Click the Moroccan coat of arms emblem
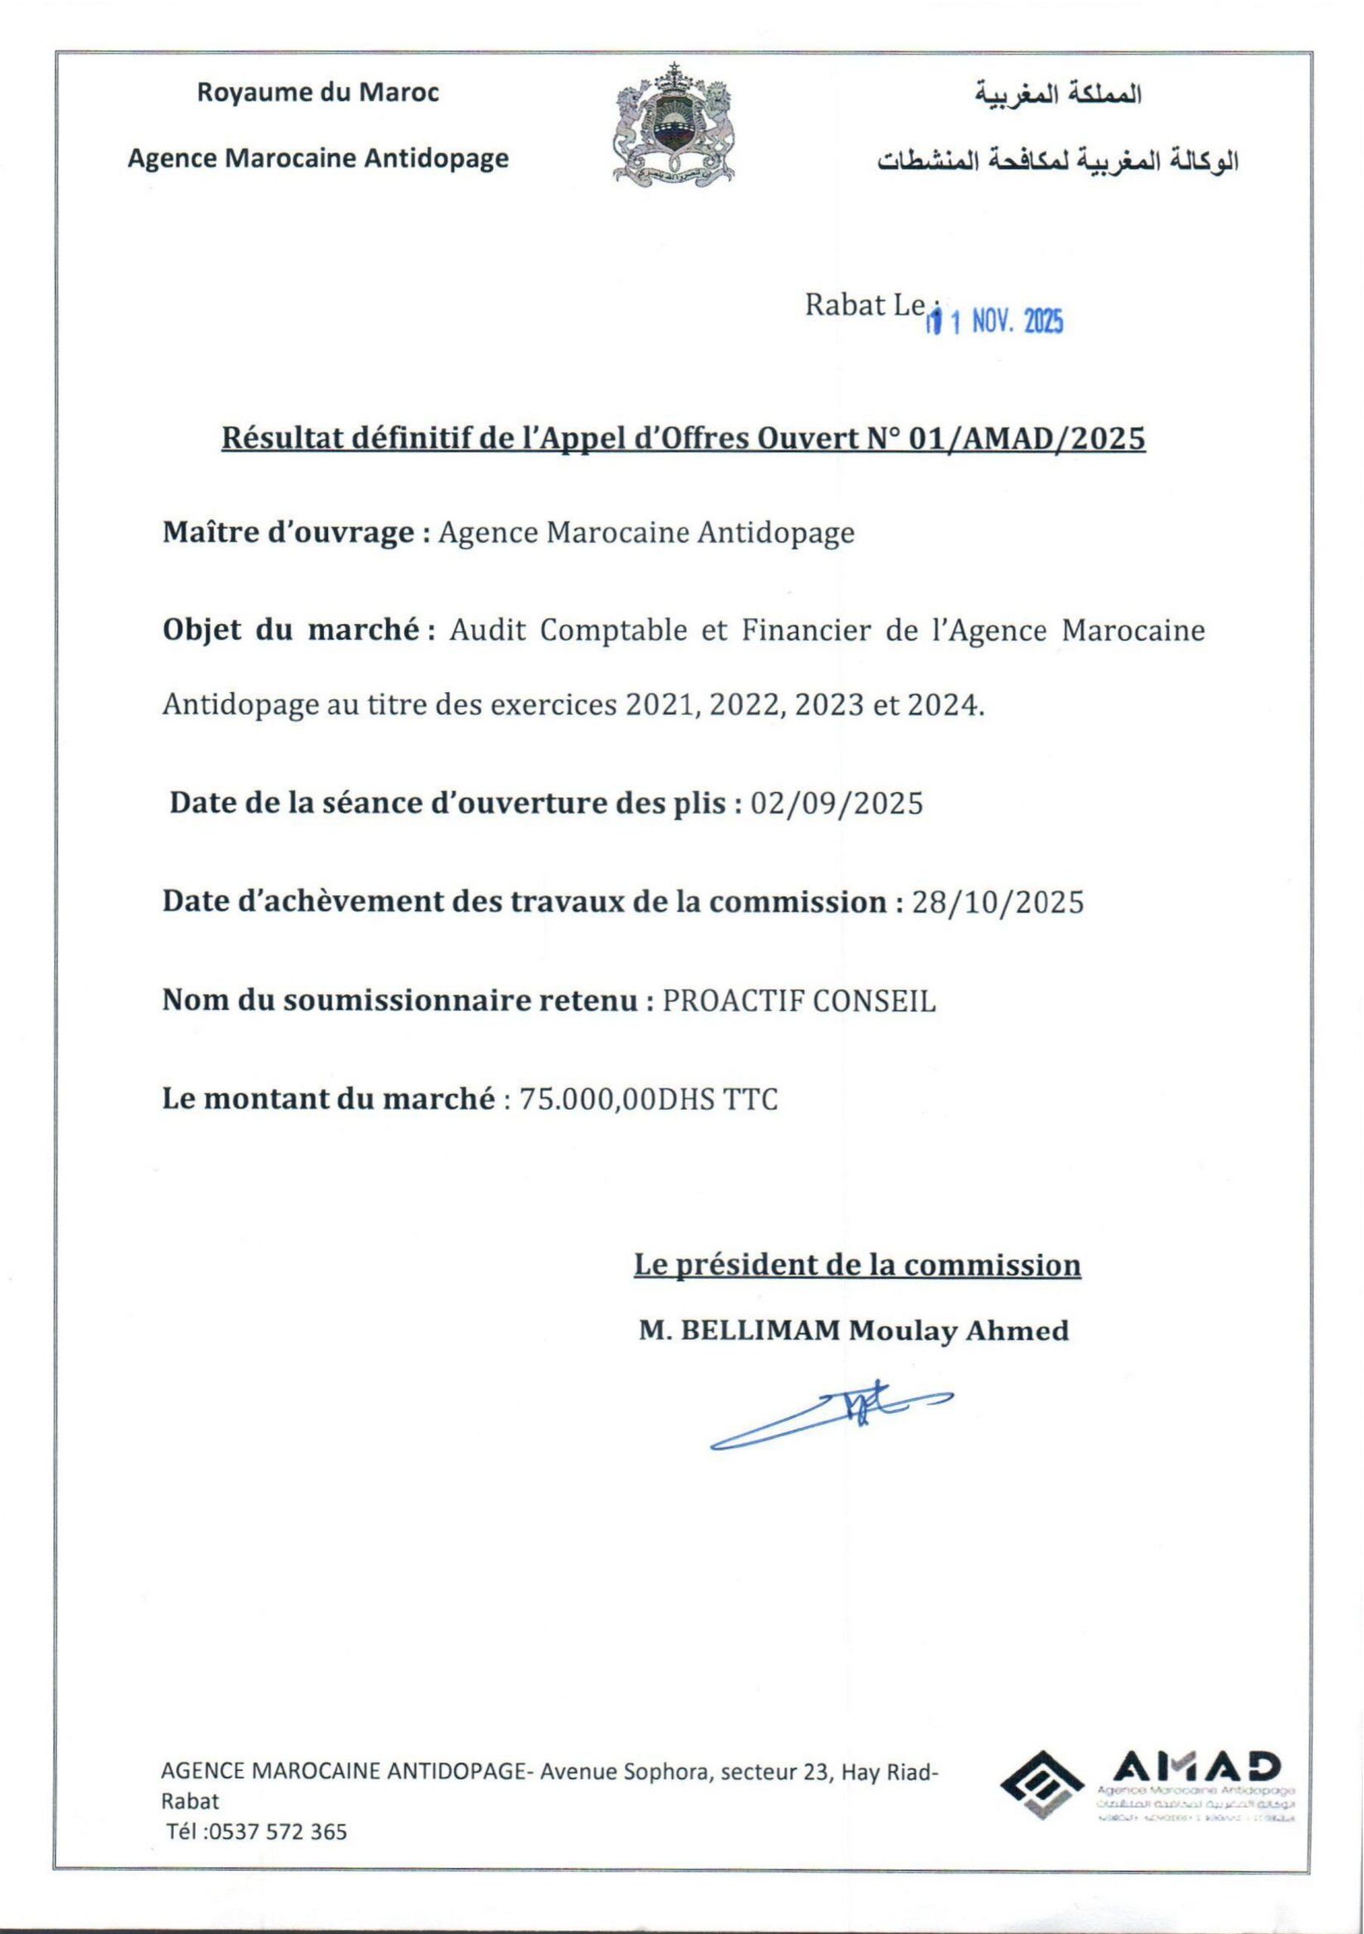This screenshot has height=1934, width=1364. click(674, 124)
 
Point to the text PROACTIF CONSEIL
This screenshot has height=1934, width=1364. click(799, 1001)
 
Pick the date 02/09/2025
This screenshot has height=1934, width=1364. click(836, 803)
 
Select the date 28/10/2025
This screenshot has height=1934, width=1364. click(998, 902)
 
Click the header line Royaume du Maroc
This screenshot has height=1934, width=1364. click(318, 93)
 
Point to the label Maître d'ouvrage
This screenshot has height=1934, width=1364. click(288, 533)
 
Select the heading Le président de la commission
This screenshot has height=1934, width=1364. click(857, 1265)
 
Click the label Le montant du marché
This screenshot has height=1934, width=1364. click(328, 1098)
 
